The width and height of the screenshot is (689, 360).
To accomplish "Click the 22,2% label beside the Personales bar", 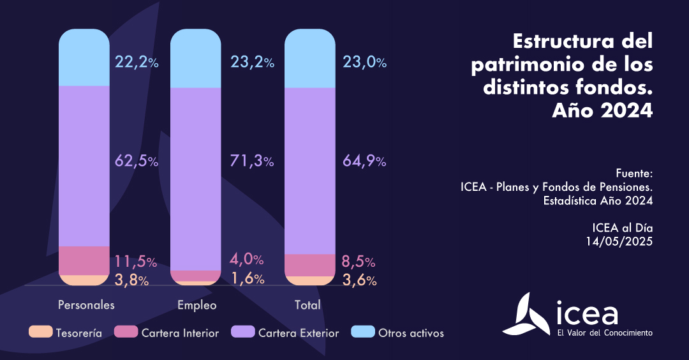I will [x=136, y=62].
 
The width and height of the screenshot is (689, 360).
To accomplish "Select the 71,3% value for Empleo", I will [x=251, y=161].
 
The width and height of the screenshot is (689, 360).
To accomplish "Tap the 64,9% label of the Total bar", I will [x=364, y=161].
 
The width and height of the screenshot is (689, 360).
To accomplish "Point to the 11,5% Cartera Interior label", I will [x=136, y=261].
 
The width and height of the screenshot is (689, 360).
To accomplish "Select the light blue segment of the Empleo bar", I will [x=196, y=59].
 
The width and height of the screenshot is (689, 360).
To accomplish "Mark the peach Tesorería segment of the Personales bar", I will [x=84, y=280].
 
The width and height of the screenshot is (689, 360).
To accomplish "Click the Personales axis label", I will [x=86, y=305].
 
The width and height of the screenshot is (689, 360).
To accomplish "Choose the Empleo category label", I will [x=197, y=305].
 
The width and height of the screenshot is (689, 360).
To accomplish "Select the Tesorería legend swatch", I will [x=41, y=333].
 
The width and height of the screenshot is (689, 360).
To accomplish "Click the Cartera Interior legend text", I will [x=180, y=333].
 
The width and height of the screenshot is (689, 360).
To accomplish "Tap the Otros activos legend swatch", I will [x=363, y=333].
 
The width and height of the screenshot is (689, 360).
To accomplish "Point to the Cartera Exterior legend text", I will [x=299, y=333].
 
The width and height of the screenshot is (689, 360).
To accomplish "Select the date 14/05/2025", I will [x=619, y=241].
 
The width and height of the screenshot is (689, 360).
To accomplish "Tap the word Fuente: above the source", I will [x=635, y=174].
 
